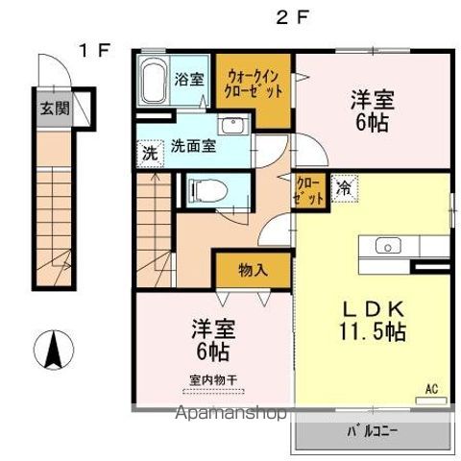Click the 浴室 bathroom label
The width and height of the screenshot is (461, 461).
pos(189,79)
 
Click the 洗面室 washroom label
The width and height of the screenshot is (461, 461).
pos(192,147)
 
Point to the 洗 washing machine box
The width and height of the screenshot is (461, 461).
pos(149,153)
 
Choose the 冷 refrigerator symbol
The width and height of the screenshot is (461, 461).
pos(343,187)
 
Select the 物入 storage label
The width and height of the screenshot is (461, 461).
pos(253,270)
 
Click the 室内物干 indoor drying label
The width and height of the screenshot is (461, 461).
pos(211,377)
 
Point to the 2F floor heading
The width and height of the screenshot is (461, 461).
pos(291,16)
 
